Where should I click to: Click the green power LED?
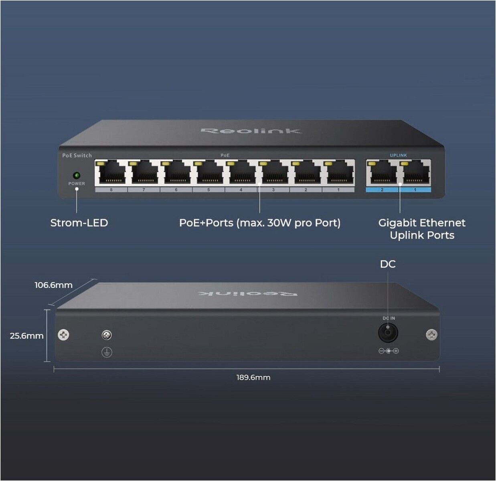pyautogui.click(x=77, y=175)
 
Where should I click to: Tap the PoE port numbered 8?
pyautogui.click(x=111, y=172)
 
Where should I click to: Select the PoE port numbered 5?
pyautogui.click(x=209, y=172)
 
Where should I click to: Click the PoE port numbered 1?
pyautogui.click(x=338, y=172)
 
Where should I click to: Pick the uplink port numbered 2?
pyautogui.click(x=382, y=172)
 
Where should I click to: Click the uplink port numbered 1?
pyautogui.click(x=415, y=172)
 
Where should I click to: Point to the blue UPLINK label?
pyautogui.click(x=399, y=155)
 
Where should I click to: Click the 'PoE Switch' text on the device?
pyautogui.click(x=77, y=155)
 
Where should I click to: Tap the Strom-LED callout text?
pyautogui.click(x=79, y=223)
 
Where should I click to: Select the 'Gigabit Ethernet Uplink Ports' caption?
pyautogui.click(x=422, y=229)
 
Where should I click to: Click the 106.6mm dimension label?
pyautogui.click(x=53, y=285)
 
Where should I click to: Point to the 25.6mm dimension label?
pyautogui.click(x=26, y=336)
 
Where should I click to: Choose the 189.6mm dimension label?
pyautogui.click(x=253, y=377)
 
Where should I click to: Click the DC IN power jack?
pyautogui.click(x=388, y=333)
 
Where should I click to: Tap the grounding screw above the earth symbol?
pyautogui.click(x=107, y=335)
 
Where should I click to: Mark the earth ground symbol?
pyautogui.click(x=107, y=352)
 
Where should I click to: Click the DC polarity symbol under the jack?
pyautogui.click(x=389, y=351)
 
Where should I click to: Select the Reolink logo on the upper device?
pyautogui.click(x=251, y=131)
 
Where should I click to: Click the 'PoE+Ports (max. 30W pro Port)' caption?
pyautogui.click(x=260, y=223)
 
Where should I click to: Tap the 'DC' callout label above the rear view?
pyautogui.click(x=388, y=264)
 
